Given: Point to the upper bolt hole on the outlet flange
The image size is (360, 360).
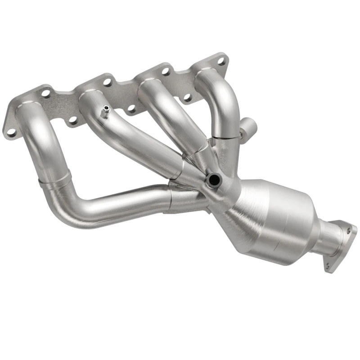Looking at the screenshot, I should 348,230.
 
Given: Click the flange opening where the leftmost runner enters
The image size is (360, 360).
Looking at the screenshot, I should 29,108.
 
